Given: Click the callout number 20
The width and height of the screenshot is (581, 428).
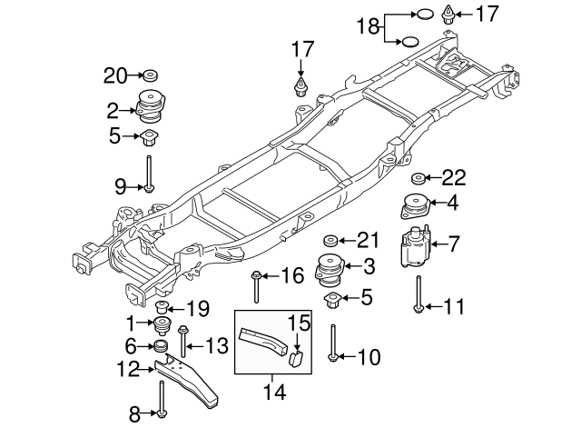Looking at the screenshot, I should pyautogui.click(x=116, y=74).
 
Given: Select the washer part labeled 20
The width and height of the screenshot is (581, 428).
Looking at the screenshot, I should pyautogui.click(x=149, y=75).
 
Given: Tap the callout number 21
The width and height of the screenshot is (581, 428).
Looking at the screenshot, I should pyautogui.click(x=367, y=240).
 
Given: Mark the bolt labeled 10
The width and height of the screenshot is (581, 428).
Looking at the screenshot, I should pyautogui.click(x=334, y=343).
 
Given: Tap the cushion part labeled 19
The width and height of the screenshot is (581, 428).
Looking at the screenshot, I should pyautogui.click(x=163, y=305).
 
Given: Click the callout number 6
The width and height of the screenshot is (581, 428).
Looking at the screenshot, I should pyautogui.click(x=131, y=345).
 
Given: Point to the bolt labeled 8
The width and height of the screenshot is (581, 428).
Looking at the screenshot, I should pyautogui.click(x=161, y=399).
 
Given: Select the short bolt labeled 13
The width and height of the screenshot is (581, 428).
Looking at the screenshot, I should pyautogui.click(x=182, y=343).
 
